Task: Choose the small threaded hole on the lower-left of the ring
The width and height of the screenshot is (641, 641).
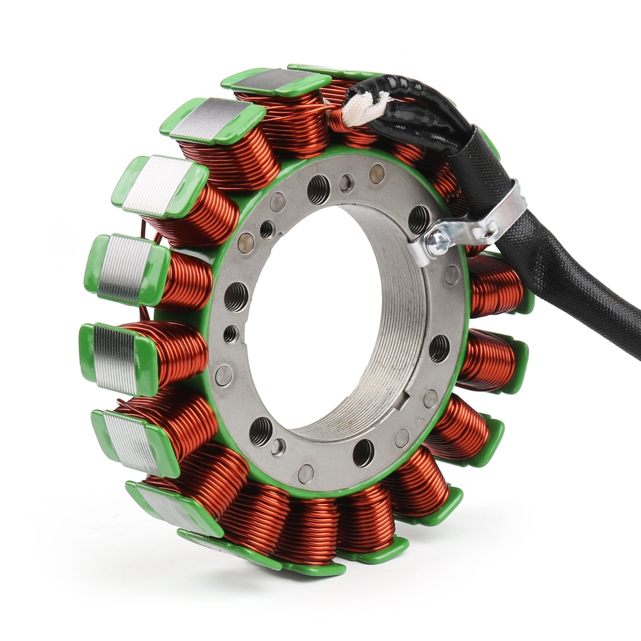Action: (x=231, y=333)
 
